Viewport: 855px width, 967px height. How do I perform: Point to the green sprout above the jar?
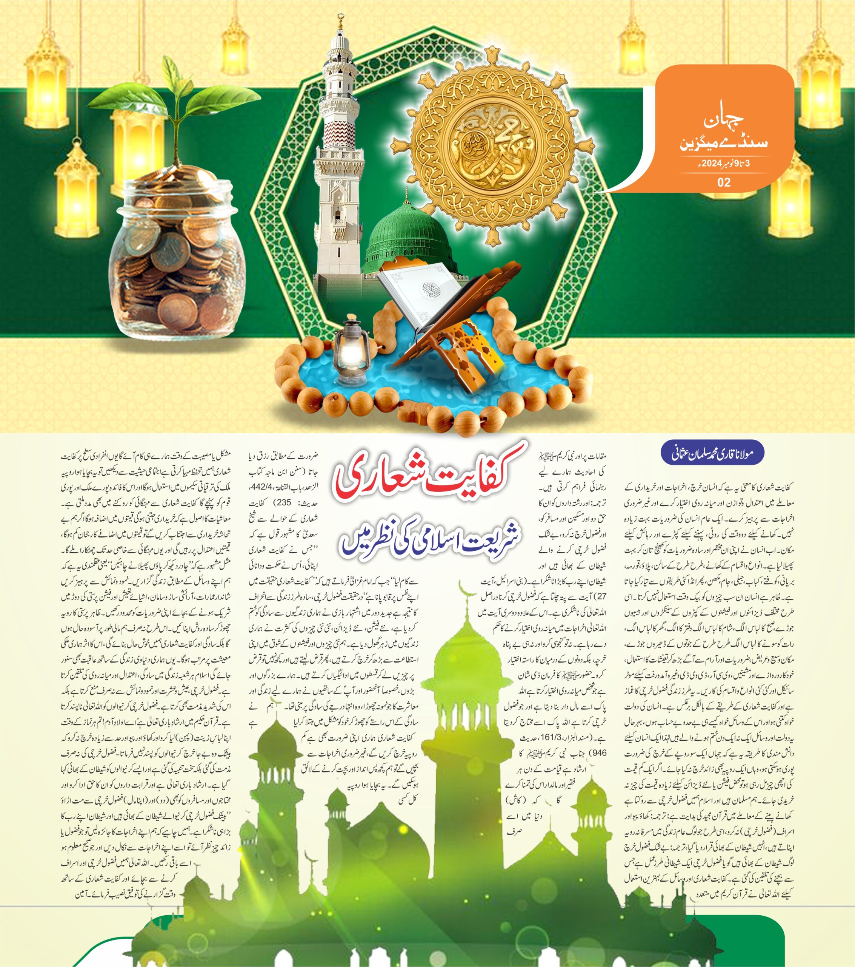(175, 104)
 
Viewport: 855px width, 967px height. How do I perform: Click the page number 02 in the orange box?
(724, 182)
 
